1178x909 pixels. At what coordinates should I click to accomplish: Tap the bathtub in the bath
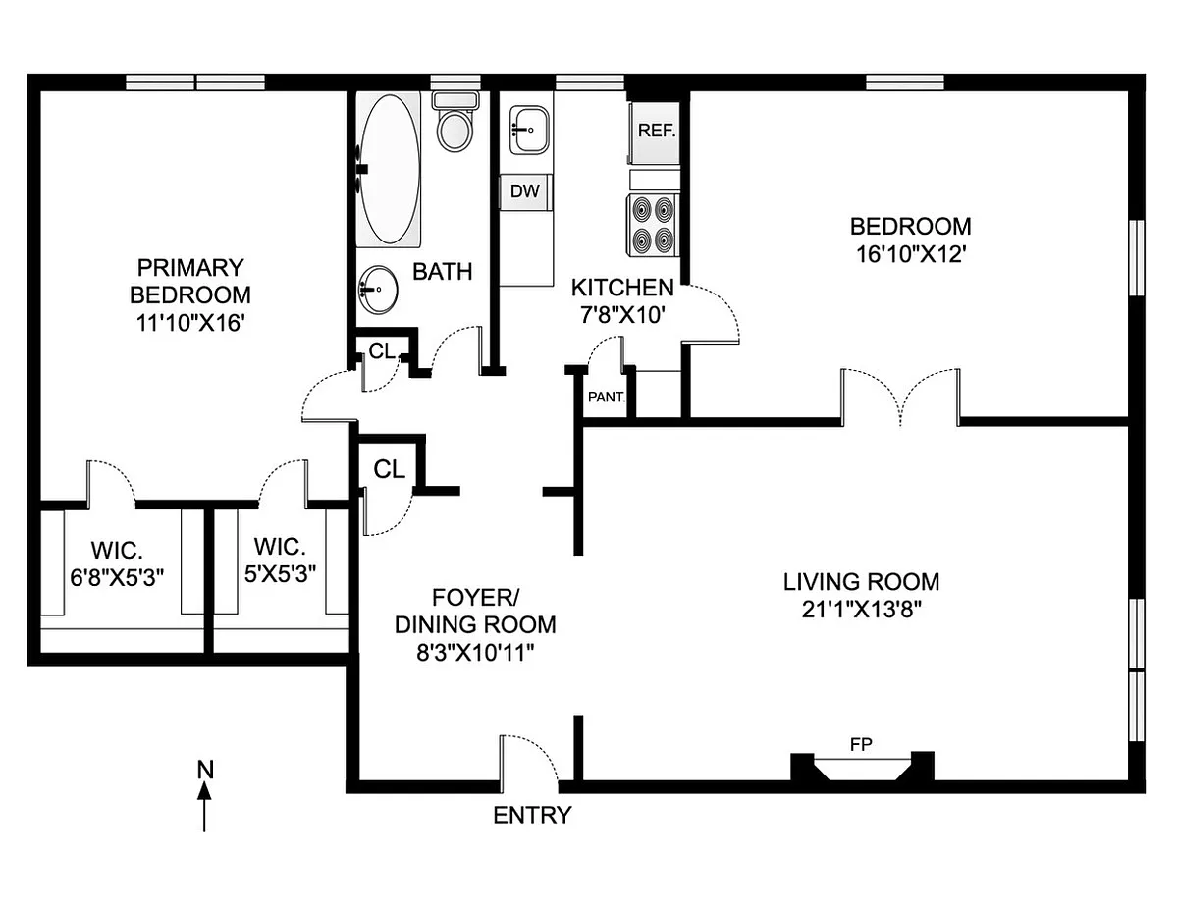[x=391, y=169]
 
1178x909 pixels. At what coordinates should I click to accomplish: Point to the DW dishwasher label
[x=525, y=191]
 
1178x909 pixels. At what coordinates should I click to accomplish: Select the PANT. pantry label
[x=607, y=399]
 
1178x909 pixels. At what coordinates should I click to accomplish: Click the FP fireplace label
[x=861, y=744]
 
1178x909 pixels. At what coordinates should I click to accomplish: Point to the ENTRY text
[x=531, y=815]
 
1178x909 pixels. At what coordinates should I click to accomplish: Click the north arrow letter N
[x=205, y=769]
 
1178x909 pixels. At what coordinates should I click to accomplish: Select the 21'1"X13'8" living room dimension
[x=861, y=609]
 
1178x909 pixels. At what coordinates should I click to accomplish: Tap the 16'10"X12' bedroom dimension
[x=910, y=254]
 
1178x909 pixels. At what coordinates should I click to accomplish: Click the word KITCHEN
[x=622, y=289]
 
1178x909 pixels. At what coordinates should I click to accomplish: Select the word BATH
[x=442, y=272]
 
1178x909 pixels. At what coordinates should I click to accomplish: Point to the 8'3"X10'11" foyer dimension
[x=474, y=652]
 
